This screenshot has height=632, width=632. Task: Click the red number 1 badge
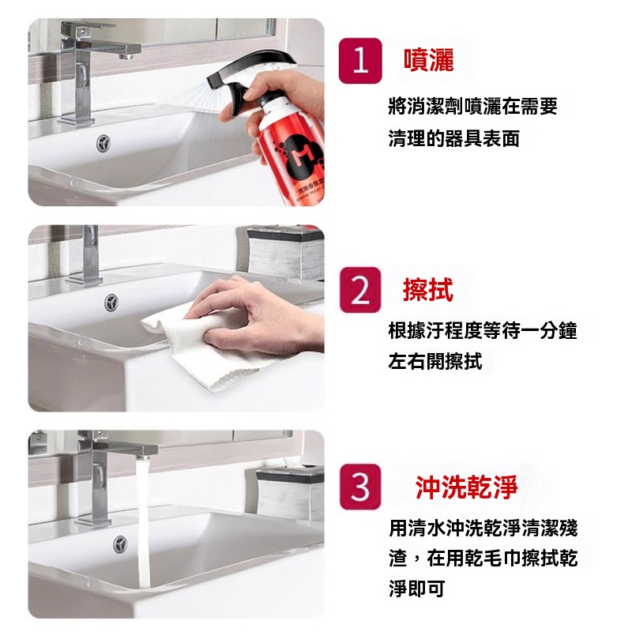click(x=360, y=61)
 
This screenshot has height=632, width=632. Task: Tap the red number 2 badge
click(x=360, y=290)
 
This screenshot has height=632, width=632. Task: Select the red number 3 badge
click(x=360, y=487)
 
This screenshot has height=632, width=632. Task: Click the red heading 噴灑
click(x=428, y=61)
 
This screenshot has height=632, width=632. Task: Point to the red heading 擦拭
click(x=428, y=289)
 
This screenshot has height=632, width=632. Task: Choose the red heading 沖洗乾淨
click(x=466, y=487)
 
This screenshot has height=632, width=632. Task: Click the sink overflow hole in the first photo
click(x=104, y=143)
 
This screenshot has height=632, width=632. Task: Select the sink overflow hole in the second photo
click(x=111, y=303)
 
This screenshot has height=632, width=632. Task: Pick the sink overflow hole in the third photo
click(x=120, y=544)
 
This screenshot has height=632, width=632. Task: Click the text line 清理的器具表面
click(x=453, y=139)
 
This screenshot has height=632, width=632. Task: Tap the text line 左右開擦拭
click(x=435, y=361)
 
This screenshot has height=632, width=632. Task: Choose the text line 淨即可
click(x=417, y=589)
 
